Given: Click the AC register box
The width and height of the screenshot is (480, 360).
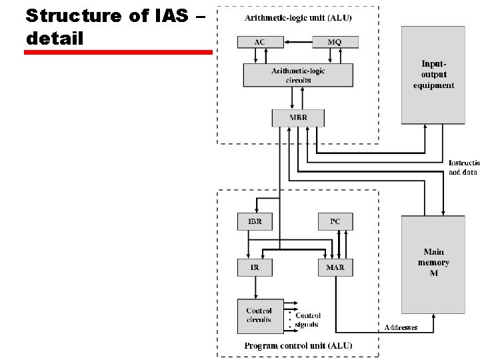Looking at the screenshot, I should click(x=259, y=42).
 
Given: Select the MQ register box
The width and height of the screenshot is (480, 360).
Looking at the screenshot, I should click(x=335, y=42).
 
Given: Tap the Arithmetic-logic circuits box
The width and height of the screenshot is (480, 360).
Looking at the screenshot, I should click(x=298, y=75).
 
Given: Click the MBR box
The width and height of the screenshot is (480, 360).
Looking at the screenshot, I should click(x=298, y=118).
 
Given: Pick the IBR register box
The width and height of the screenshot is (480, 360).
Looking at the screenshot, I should click(x=255, y=221).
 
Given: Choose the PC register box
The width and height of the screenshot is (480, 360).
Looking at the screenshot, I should click(x=335, y=221).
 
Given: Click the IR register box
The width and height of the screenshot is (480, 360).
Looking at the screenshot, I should click(x=255, y=267).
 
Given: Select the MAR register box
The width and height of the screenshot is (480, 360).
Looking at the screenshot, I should click(x=335, y=267).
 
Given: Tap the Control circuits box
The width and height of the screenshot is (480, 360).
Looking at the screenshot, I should click(x=259, y=315).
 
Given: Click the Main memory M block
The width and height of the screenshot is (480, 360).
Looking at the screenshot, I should click(x=433, y=263).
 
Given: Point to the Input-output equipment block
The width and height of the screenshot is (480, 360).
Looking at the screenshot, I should click(x=433, y=75).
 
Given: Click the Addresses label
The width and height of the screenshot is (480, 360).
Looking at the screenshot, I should click(x=401, y=327).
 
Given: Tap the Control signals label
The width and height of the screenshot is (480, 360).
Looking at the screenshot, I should click(x=307, y=320).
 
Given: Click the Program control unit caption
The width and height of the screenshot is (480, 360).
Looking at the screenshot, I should click(x=298, y=345).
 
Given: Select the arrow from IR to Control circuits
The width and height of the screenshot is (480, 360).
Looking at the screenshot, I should click(x=255, y=287).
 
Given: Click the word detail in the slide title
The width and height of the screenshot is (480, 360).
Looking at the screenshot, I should click(x=55, y=39).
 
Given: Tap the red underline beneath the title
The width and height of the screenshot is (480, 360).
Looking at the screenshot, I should click(x=118, y=51).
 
